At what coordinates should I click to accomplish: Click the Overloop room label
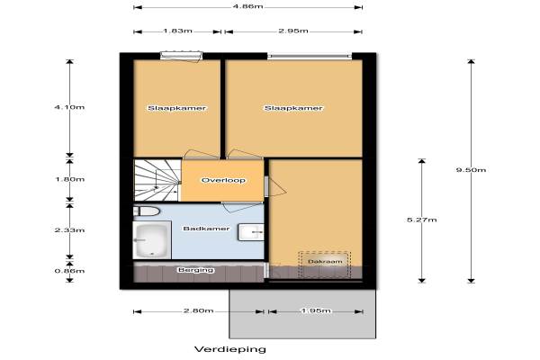tap(223, 180)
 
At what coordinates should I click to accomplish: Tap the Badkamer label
tap(206, 229)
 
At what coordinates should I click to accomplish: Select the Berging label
tap(196, 270)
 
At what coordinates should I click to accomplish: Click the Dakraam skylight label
tap(325, 262)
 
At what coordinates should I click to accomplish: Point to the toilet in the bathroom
tap(147, 211)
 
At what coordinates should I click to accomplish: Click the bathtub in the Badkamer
tap(152, 240)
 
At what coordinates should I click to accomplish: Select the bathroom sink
tap(251, 232)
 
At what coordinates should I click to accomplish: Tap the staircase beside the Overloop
tap(157, 180)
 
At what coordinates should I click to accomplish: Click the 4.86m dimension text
tap(248, 6)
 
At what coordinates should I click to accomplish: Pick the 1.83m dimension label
tap(177, 31)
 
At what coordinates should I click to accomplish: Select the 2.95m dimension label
tap(293, 31)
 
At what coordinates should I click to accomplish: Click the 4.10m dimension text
tap(69, 107)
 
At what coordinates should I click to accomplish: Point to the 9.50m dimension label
tap(471, 170)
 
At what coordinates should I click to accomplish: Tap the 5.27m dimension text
tap(422, 220)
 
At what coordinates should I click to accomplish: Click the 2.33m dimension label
tap(69, 229)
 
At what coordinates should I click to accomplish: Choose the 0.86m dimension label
tap(69, 271)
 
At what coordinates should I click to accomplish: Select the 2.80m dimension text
tap(198, 310)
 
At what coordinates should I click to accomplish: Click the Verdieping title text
tap(230, 349)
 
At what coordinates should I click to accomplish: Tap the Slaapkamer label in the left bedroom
tap(177, 108)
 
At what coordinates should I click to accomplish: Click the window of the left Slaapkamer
tap(181, 55)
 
